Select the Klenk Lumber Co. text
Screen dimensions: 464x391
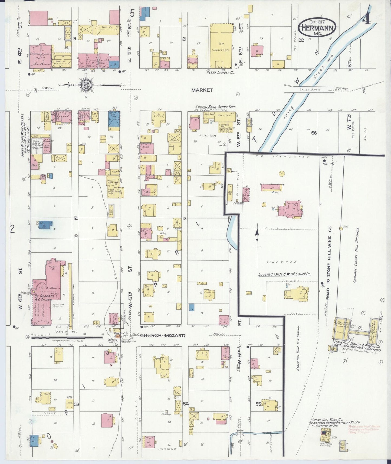pos(220,73)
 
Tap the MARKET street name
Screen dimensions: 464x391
pos(202,90)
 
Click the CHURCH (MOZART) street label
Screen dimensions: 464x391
pos(163,335)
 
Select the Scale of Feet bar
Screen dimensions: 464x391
pos(66,338)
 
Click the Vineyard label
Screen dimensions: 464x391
pos(278,262)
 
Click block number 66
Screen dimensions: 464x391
pos(314,133)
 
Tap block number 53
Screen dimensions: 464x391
pos(77,404)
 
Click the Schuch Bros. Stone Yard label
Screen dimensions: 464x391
pos(215,107)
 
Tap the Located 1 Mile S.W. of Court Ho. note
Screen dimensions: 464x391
pos(284,274)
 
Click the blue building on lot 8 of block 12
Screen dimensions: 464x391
pos(45,225)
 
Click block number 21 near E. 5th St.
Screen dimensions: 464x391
pos(184,39)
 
